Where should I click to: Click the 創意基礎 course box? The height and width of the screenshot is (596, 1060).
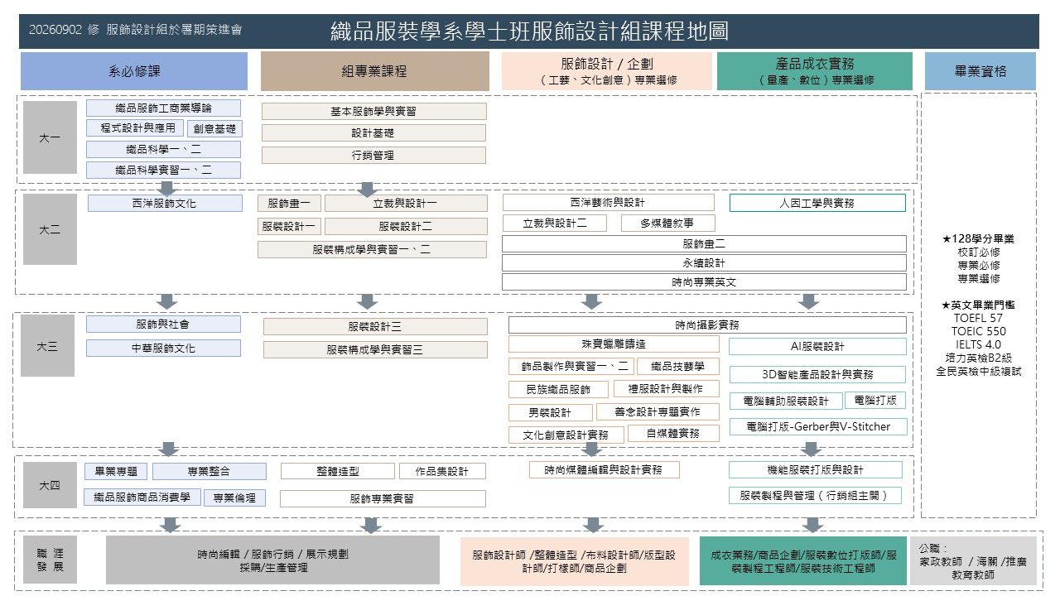tap(214, 128)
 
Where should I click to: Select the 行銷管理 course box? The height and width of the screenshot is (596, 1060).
tap(373, 155)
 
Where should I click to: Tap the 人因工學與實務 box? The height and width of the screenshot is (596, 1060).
tap(817, 203)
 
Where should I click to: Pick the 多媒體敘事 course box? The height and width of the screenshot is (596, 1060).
tap(667, 223)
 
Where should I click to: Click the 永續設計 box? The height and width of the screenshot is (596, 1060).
tap(704, 263)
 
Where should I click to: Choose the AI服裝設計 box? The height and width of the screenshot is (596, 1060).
tap(817, 346)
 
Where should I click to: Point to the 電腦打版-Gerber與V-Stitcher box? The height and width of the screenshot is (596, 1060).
tap(818, 426)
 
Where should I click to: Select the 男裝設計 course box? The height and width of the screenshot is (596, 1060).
tap(551, 412)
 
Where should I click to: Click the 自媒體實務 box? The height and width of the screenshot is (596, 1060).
tap(673, 433)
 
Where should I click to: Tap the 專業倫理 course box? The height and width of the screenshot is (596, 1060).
tap(234, 497)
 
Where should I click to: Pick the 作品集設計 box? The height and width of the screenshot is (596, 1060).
tap(442, 471)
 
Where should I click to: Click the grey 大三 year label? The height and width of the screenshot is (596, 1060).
tap(47, 346)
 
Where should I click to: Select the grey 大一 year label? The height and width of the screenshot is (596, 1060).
tap(50, 137)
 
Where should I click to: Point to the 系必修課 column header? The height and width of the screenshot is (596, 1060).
tap(134, 71)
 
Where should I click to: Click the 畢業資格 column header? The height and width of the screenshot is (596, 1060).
tap(980, 71)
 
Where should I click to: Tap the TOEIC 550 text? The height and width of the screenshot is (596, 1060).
tap(979, 331)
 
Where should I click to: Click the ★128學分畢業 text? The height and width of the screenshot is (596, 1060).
tap(978, 239)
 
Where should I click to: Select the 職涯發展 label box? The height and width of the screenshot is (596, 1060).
tap(50, 560)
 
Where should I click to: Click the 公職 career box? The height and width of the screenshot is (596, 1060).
tap(973, 561)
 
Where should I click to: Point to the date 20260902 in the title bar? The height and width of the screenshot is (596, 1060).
tap(55, 30)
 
